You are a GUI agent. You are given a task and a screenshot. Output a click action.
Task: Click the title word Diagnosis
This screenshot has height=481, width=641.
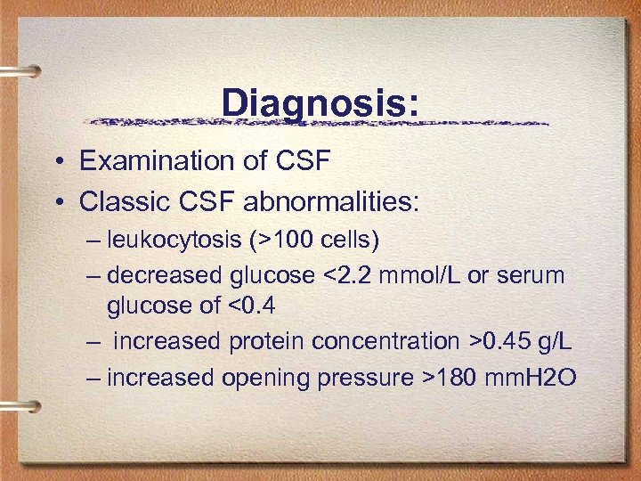[317, 103]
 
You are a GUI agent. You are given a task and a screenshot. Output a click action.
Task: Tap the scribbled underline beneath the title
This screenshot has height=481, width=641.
[317, 123]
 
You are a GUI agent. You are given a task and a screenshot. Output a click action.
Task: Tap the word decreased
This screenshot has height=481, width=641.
[165, 275]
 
